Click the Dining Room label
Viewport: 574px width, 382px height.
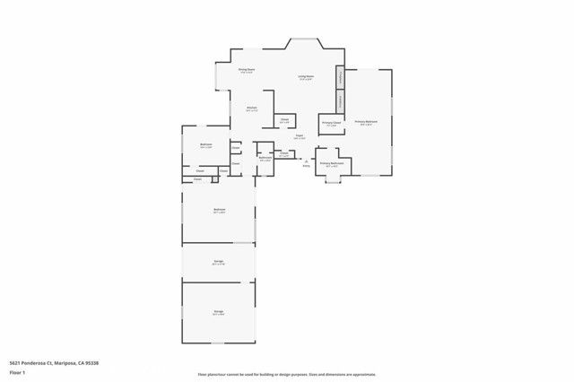[x=248, y=69]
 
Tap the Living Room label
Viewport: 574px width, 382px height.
[x=306, y=77]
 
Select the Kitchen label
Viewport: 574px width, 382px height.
[x=252, y=109]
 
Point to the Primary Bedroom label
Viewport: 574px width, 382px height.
[x=366, y=121]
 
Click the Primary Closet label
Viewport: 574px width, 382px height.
[x=330, y=124]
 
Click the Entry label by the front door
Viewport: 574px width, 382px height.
[x=306, y=166]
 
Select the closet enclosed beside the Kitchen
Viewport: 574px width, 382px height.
[x=283, y=120]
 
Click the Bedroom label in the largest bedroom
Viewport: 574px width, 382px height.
[x=219, y=211]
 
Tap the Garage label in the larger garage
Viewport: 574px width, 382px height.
[x=218, y=313]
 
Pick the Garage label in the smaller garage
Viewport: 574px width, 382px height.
[x=218, y=263]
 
